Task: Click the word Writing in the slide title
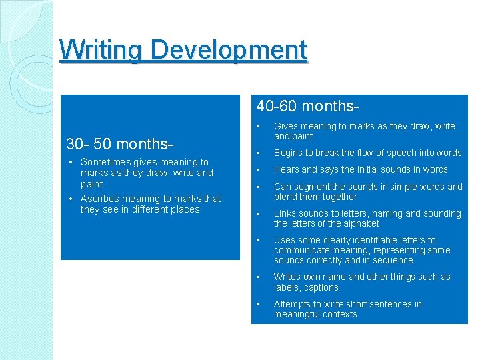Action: click(102, 49)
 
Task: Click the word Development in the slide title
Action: click(229, 49)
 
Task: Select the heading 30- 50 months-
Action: click(120, 143)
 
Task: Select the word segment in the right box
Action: click(311, 187)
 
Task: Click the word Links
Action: click(285, 213)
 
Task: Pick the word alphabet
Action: click(360, 223)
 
